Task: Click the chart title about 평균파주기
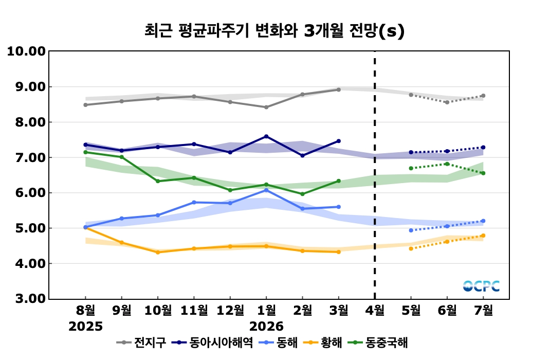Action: click(274, 31)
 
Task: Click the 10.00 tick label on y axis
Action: click(25, 51)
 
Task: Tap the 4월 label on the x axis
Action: click(374, 311)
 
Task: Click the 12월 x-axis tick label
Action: click(230, 311)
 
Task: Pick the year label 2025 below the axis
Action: click(85, 327)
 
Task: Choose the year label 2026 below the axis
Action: click(266, 327)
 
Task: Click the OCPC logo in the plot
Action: click(481, 286)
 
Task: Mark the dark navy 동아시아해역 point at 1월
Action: click(266, 136)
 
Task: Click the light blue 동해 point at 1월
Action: click(266, 190)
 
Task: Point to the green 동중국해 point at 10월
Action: click(158, 181)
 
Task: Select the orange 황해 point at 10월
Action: click(158, 252)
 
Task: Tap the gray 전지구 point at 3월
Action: click(338, 89)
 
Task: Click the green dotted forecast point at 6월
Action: click(447, 164)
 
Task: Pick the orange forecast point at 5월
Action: click(411, 248)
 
